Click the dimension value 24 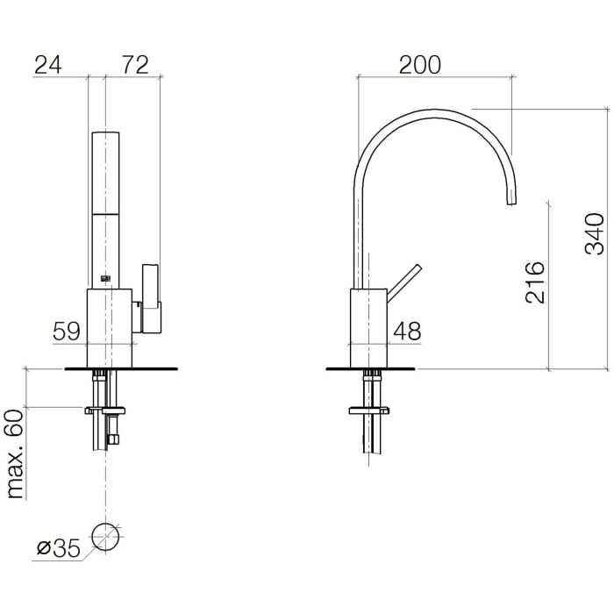(x=48, y=65)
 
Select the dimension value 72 (x=135, y=65)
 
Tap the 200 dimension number (x=420, y=65)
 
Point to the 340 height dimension (x=595, y=234)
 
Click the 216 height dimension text (x=535, y=282)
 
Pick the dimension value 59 (x=67, y=332)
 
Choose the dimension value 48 (x=407, y=332)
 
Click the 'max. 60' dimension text (x=16, y=453)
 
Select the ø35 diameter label (x=59, y=548)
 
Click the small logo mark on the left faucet (x=106, y=278)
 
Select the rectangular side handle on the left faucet (x=151, y=298)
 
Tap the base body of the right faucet (x=368, y=329)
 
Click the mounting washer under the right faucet (x=369, y=411)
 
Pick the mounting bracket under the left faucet (x=105, y=411)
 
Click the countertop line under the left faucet (x=121, y=369)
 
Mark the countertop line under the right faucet (x=370, y=369)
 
